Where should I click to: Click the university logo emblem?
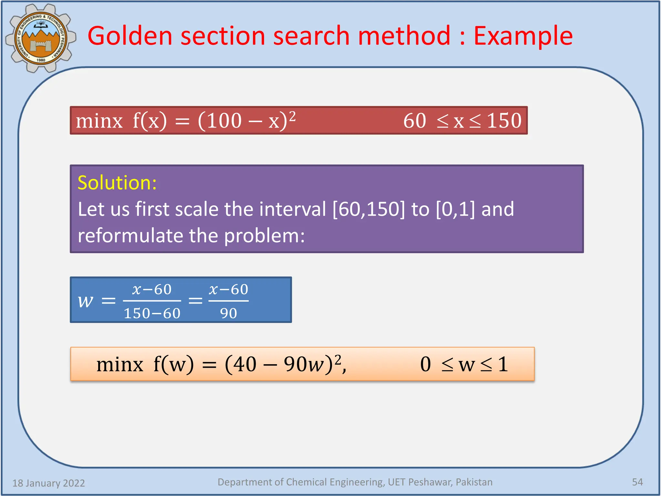(x=41, y=38)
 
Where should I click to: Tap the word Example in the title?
(x=523, y=36)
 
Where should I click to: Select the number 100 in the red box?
(x=224, y=121)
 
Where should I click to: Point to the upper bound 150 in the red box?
(x=504, y=121)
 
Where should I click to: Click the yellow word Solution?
(x=117, y=183)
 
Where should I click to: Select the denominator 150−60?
(x=152, y=313)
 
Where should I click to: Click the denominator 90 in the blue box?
(x=229, y=313)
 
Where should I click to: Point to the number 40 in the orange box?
(x=245, y=364)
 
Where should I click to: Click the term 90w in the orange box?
(x=304, y=364)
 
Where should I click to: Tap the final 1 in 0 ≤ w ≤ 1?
(x=503, y=364)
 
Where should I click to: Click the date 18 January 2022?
(x=48, y=483)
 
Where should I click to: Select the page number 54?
(x=637, y=482)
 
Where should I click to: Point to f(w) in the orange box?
(x=174, y=364)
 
